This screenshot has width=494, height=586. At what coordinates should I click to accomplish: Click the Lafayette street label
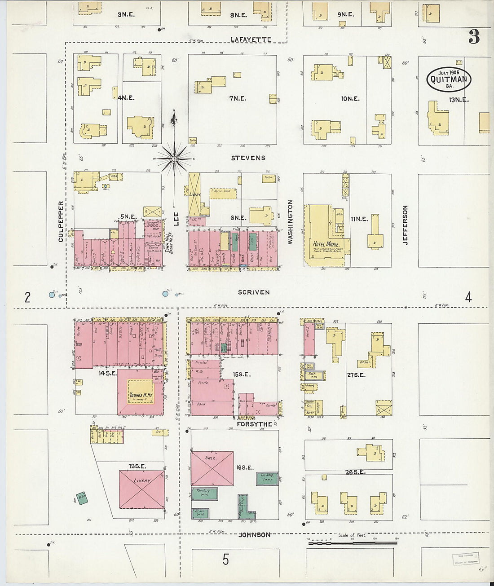251,40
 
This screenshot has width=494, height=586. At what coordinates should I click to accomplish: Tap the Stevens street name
248,158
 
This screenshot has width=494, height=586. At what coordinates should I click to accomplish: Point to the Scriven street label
254,292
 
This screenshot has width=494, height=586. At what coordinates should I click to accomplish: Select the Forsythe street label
255,424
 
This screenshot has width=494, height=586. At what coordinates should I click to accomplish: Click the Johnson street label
254,535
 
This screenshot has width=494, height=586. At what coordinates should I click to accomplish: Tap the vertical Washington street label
290,222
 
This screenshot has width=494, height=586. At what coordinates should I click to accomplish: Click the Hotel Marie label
326,244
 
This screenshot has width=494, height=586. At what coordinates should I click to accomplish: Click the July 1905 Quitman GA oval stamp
449,79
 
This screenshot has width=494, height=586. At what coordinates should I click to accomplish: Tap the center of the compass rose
174,159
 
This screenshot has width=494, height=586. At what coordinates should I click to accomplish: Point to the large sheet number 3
474,37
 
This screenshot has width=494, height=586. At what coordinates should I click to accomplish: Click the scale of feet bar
353,543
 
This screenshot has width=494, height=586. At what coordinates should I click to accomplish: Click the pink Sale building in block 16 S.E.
212,468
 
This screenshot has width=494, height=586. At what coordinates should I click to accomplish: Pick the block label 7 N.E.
238,98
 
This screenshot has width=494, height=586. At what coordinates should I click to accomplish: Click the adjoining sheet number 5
225,560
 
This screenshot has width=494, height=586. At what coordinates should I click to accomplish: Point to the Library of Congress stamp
465,559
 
